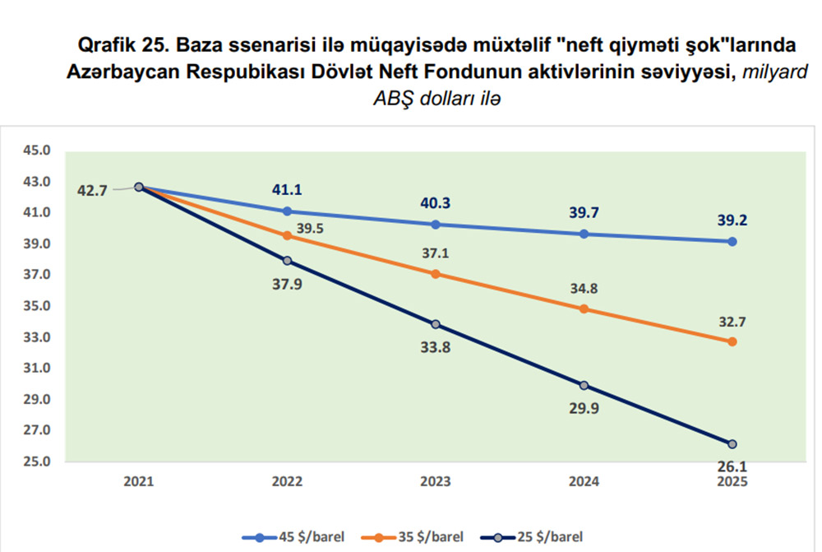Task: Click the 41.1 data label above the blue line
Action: [287, 189]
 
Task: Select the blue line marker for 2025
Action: [732, 241]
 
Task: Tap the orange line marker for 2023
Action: [436, 273]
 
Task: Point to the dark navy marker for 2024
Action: [584, 385]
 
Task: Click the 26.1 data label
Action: [732, 466]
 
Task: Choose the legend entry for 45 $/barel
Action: [293, 536]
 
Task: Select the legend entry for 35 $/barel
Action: [414, 536]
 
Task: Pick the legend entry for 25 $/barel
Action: [538, 536]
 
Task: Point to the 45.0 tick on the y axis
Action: [39, 151]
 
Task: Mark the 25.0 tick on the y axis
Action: [39, 462]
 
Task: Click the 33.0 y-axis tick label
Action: [39, 337]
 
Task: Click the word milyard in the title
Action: [775, 72]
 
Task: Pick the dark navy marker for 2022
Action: [287, 261]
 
